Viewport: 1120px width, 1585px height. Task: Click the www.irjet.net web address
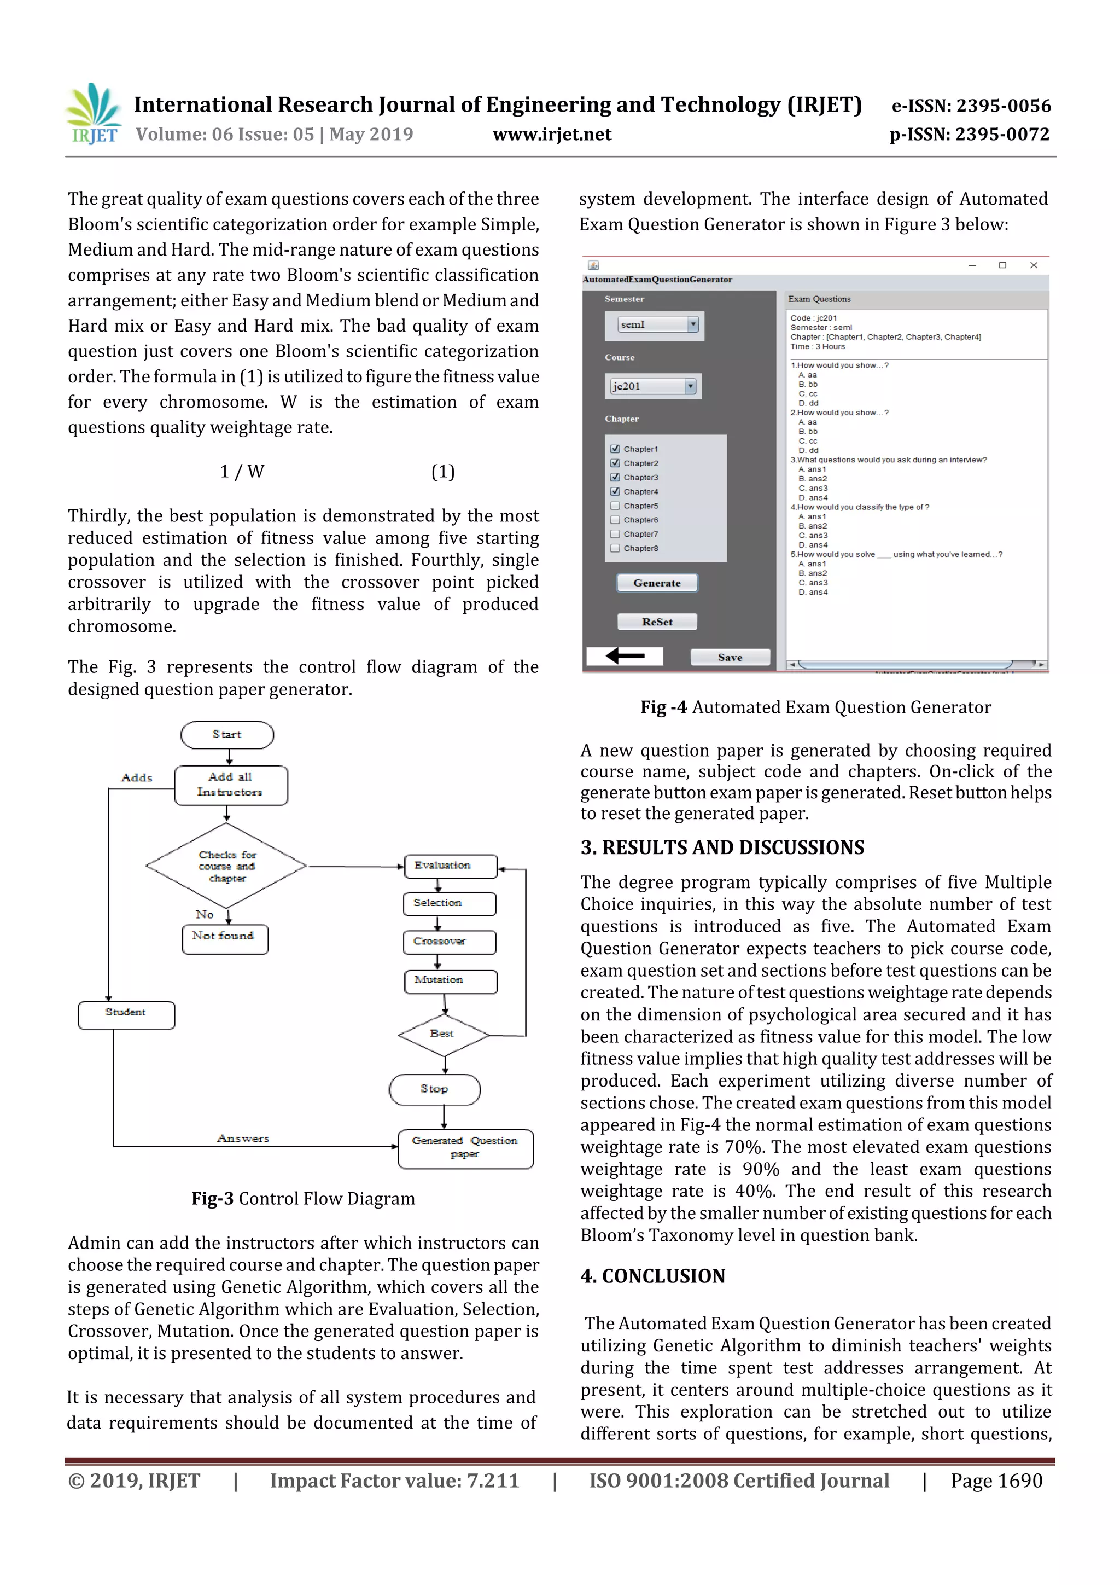[551, 135]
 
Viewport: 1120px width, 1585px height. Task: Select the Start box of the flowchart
[227, 735]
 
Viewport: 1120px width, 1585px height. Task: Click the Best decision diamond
[443, 1034]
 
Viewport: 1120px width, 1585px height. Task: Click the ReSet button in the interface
[656, 622]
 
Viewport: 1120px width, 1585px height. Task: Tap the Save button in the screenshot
[730, 657]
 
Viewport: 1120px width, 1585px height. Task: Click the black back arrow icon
[625, 656]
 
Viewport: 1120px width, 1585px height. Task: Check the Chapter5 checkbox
[615, 506]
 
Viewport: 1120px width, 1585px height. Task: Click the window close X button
[1033, 265]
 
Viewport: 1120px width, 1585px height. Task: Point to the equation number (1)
[442, 472]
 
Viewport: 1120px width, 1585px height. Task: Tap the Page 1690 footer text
[996, 1481]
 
